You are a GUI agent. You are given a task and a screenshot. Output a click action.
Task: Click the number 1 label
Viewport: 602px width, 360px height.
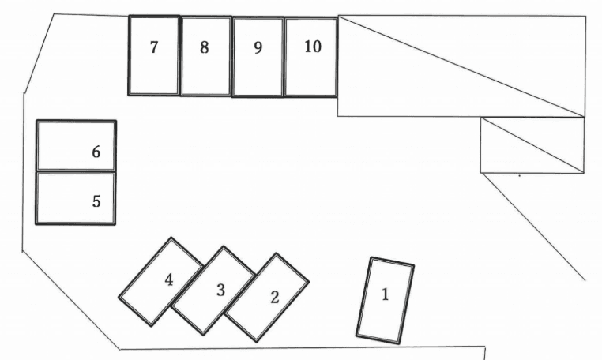click(x=386, y=294)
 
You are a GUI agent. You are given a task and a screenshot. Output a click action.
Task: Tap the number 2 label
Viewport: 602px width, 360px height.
click(x=274, y=298)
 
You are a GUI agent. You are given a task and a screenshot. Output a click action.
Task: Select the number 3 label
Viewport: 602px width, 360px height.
click(x=220, y=290)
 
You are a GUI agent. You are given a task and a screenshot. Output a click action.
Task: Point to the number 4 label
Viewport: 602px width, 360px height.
click(x=169, y=279)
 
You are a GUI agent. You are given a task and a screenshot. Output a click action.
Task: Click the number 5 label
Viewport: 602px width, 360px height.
click(x=96, y=201)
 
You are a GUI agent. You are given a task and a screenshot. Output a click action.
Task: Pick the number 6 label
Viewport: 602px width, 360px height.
click(x=96, y=152)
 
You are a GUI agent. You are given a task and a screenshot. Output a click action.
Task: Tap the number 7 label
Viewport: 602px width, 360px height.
click(x=154, y=47)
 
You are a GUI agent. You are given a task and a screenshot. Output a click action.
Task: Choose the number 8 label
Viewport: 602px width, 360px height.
click(x=204, y=47)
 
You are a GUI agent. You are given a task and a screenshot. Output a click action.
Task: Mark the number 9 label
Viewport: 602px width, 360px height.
click(x=258, y=47)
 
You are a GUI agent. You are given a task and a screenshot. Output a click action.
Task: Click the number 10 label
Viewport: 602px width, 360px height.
click(x=313, y=47)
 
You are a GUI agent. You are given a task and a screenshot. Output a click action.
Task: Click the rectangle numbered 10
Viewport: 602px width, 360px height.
click(x=311, y=75)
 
